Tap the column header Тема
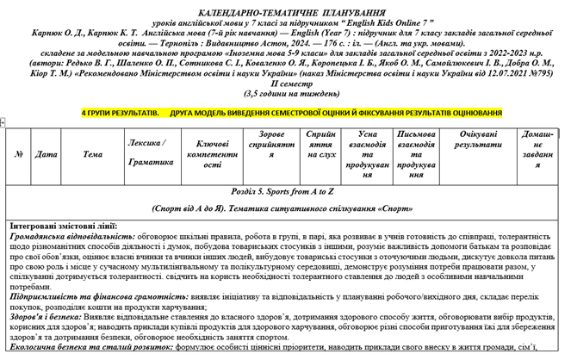92,155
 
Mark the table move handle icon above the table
5,125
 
